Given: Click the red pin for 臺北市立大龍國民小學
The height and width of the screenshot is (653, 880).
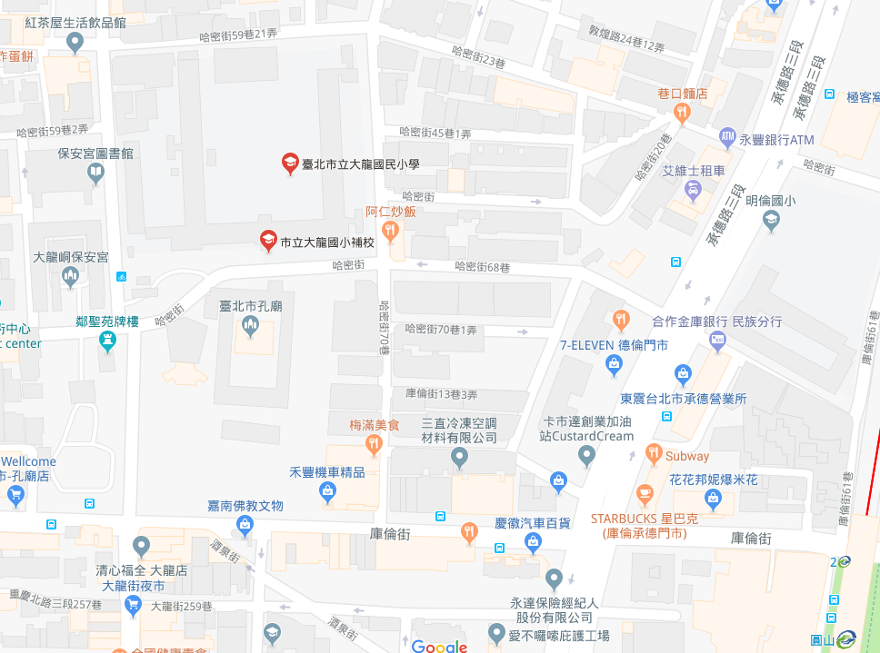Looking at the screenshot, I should pyautogui.click(x=289, y=163).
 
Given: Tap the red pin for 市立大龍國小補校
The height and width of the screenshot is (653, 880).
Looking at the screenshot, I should pyautogui.click(x=267, y=241).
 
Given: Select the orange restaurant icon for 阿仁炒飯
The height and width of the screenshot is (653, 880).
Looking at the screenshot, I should pyautogui.click(x=391, y=232).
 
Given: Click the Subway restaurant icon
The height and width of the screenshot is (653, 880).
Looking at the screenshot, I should pyautogui.click(x=653, y=452).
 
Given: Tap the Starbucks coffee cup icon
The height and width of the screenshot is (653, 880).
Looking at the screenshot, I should pyautogui.click(x=645, y=495).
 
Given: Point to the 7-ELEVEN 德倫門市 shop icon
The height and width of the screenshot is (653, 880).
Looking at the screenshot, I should pyautogui.click(x=614, y=364).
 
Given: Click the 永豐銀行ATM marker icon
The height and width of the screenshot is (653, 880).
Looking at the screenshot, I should pyautogui.click(x=726, y=138).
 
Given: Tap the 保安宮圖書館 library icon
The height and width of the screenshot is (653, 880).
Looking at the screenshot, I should pyautogui.click(x=96, y=173).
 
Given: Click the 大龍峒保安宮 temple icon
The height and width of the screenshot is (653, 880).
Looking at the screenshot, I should pyautogui.click(x=71, y=276).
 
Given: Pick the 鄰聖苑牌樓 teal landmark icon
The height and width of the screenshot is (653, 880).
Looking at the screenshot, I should pyautogui.click(x=108, y=341).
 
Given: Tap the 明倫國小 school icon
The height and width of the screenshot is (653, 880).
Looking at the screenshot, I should pyautogui.click(x=771, y=220).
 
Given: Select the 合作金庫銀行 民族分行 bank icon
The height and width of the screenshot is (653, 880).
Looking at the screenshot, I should pyautogui.click(x=717, y=340).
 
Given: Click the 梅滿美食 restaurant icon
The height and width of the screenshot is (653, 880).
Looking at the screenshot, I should pyautogui.click(x=373, y=443).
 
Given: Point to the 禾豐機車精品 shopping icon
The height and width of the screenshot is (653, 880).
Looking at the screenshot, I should pyautogui.click(x=327, y=491).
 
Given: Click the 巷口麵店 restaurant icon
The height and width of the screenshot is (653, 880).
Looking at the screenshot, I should pyautogui.click(x=682, y=112).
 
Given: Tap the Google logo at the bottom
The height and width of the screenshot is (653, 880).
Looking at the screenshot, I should pyautogui.click(x=439, y=646).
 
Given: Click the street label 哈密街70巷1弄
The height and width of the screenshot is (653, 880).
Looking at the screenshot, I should pyautogui.click(x=441, y=330).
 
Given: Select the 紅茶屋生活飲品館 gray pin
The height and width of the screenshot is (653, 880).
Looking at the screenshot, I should pyautogui.click(x=75, y=42).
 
